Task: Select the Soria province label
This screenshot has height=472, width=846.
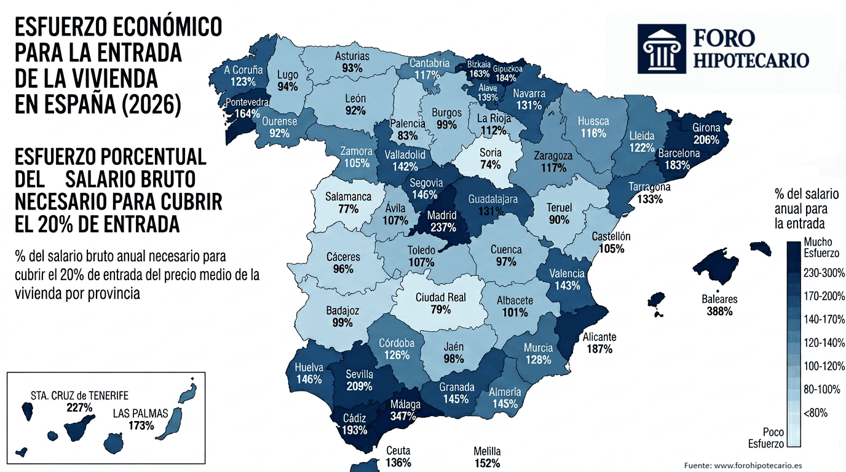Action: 490,152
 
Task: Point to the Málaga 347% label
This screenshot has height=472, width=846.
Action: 406,410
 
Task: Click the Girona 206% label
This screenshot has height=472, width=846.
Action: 705,133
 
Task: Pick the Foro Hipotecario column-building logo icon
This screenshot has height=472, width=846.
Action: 662,49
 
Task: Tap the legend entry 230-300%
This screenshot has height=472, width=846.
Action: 824,272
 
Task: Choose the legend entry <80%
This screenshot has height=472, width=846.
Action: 816,412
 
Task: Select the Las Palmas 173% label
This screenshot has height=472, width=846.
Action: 141,419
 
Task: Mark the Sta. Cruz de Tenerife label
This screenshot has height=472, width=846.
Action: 79,395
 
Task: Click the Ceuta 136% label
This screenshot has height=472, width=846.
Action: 398,457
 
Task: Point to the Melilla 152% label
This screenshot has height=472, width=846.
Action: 487,457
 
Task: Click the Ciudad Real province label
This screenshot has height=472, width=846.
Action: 440,297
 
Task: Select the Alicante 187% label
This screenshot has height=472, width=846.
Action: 599,343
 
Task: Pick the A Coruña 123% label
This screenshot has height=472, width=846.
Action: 243,76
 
